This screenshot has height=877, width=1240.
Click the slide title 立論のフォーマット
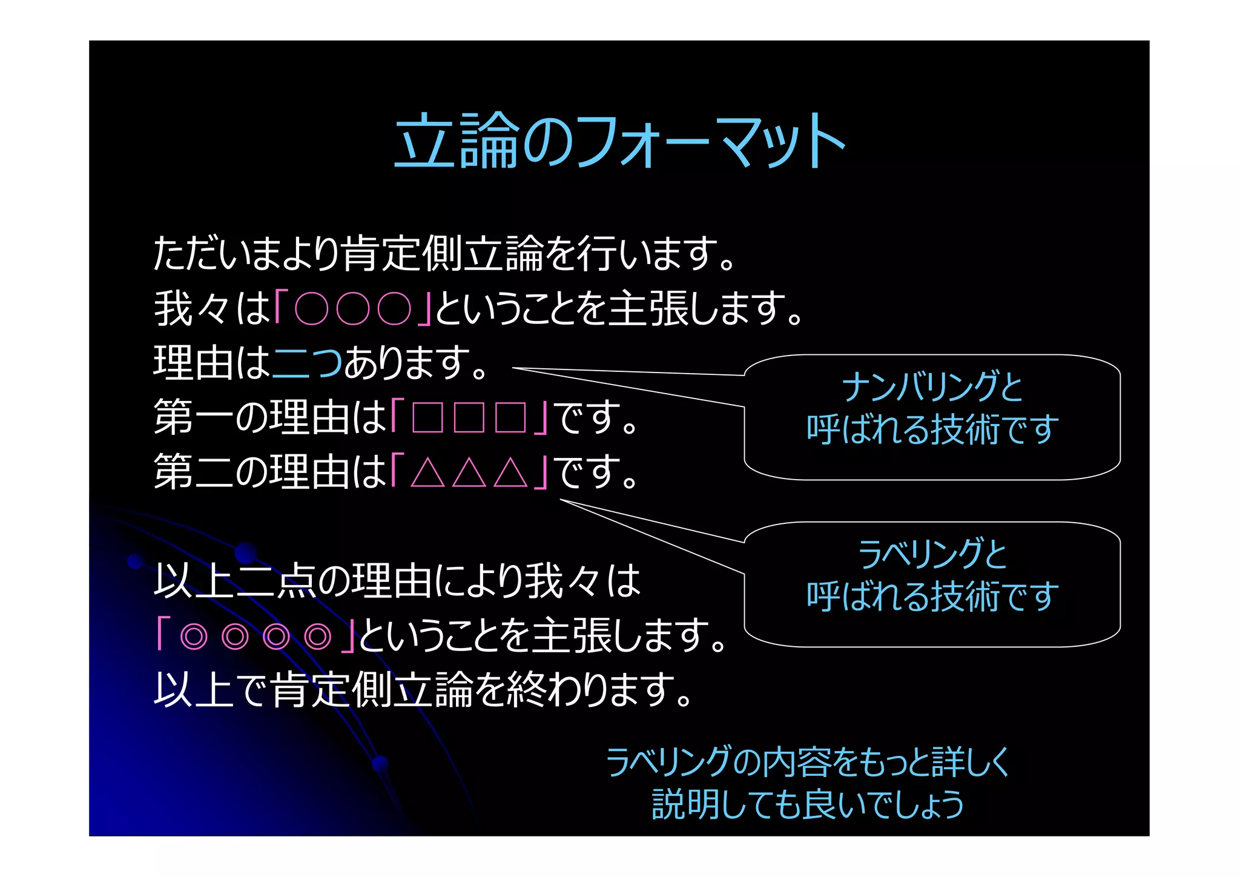coord(619,141)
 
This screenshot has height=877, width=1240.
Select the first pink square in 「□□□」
coord(427,417)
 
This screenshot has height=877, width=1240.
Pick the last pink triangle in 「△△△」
coord(510,472)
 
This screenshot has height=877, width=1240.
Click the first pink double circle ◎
coord(194,637)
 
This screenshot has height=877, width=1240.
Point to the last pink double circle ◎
coord(318,637)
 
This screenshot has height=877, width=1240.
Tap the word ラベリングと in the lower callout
coord(932,554)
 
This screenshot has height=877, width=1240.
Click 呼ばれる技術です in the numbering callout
coord(932,429)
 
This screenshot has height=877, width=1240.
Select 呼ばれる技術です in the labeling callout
coord(932,597)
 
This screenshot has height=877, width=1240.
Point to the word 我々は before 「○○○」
coord(212,308)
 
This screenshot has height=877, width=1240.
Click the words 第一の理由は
coord(270,417)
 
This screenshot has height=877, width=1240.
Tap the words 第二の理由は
coord(270,472)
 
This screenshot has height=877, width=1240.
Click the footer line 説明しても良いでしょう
coord(808,804)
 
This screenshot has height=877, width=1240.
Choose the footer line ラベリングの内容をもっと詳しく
coord(808,761)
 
